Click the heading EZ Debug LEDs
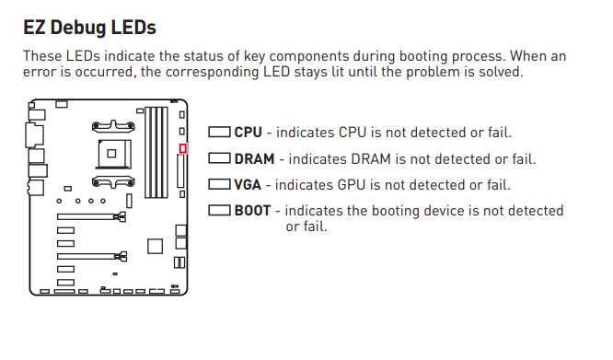(x=89, y=28)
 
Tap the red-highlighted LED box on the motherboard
(x=182, y=148)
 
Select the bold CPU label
(x=248, y=132)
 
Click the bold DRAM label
(x=254, y=158)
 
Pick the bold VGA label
(x=248, y=184)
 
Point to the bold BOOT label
(x=252, y=210)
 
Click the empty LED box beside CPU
(x=219, y=132)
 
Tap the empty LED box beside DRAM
(x=219, y=158)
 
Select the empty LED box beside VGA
(x=219, y=184)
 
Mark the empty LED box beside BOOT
(x=219, y=210)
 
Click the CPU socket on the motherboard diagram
(x=113, y=154)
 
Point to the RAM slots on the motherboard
(x=156, y=152)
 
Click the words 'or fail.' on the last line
(x=306, y=226)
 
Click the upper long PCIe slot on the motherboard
(x=91, y=216)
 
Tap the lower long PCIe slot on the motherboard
(x=92, y=256)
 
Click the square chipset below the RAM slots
(x=155, y=246)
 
